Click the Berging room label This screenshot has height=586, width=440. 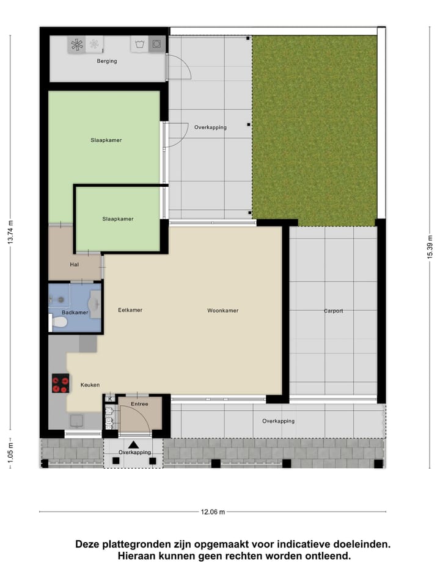pos(107,61)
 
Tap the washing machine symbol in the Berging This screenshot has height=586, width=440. pos(157,44)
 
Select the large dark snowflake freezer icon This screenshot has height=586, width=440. pos(76,44)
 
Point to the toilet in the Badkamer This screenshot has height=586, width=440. pos(59,322)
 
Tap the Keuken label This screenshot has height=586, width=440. pos(90,385)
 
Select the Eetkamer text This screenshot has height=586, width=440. pos(130,310)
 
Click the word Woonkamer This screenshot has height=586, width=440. pos(222,311)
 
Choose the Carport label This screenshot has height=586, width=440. pos(334,311)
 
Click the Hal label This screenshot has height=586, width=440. pos(75,264)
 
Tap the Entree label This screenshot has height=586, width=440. pos(140,404)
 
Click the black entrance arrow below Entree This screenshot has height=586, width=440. pos(133,444)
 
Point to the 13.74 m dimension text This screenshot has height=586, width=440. pos(10,233)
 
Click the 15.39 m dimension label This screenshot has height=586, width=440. pos(430,247)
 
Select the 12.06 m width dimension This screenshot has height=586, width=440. pos(213,512)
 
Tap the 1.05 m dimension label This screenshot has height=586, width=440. pos(10,454)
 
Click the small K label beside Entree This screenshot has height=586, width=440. pos(110,399)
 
